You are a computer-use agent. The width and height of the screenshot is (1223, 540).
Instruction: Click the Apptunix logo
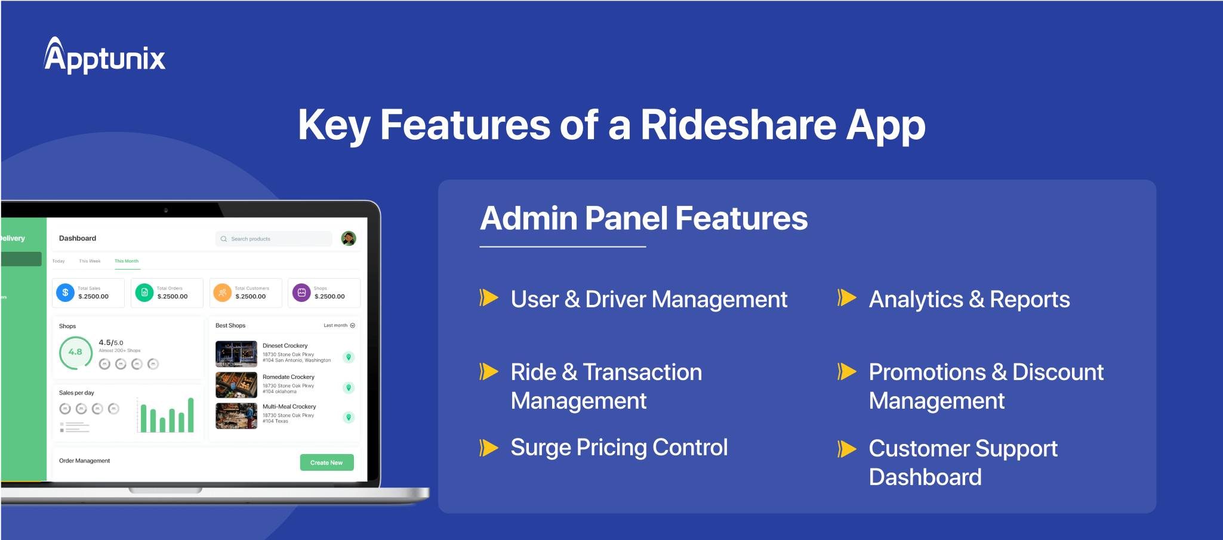point(104,56)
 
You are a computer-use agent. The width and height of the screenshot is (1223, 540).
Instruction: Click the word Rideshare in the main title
point(738,125)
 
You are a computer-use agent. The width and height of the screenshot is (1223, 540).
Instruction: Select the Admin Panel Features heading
point(643,218)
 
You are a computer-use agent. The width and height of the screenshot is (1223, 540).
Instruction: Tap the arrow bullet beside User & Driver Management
point(489,297)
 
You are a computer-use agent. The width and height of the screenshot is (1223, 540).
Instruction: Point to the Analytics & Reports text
point(969,300)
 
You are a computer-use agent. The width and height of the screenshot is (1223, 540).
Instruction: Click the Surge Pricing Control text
point(619,448)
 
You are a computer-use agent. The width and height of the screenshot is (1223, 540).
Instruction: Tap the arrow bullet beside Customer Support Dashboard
point(846,449)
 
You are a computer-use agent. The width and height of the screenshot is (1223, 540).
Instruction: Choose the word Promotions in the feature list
point(927,372)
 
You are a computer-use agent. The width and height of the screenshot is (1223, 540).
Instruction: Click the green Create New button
point(326,462)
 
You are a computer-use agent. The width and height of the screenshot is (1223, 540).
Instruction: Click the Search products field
point(274,239)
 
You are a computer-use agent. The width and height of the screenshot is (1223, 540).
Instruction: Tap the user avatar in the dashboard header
point(349,239)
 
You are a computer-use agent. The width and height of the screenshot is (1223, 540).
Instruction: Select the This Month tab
point(127,261)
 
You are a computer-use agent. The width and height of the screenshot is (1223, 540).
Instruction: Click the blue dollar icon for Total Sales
point(66,292)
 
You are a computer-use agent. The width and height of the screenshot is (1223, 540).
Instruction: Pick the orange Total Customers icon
point(222,293)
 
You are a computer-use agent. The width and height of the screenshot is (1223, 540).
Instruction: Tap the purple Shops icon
point(301,293)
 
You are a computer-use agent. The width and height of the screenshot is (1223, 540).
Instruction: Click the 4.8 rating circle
point(76,352)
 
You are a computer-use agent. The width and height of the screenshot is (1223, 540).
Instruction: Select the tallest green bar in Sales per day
point(191,415)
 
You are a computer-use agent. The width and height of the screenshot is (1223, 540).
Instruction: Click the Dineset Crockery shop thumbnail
point(236,354)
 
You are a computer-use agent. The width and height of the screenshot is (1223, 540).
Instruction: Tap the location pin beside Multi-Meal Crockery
point(349,418)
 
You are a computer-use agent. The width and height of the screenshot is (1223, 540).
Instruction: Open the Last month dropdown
point(339,326)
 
